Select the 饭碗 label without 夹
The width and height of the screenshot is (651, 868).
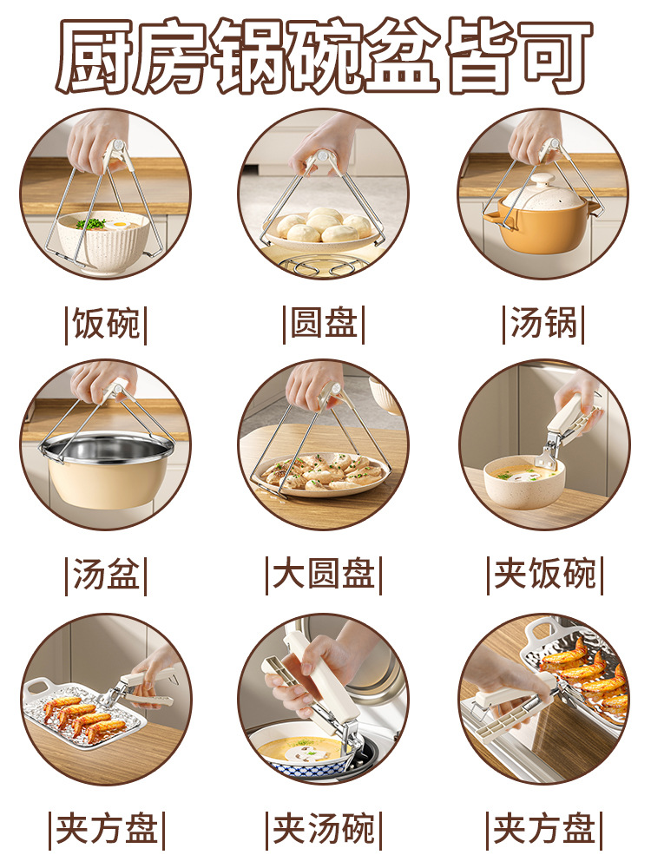[106, 325]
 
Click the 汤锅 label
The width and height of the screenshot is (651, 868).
[543, 325]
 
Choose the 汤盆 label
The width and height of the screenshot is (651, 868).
[106, 576]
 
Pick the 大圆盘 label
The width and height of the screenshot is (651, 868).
[324, 576]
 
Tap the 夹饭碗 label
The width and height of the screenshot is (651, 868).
[545, 576]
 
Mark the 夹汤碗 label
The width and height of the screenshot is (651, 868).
[324, 830]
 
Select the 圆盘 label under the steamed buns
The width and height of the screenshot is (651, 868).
[324, 325]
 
